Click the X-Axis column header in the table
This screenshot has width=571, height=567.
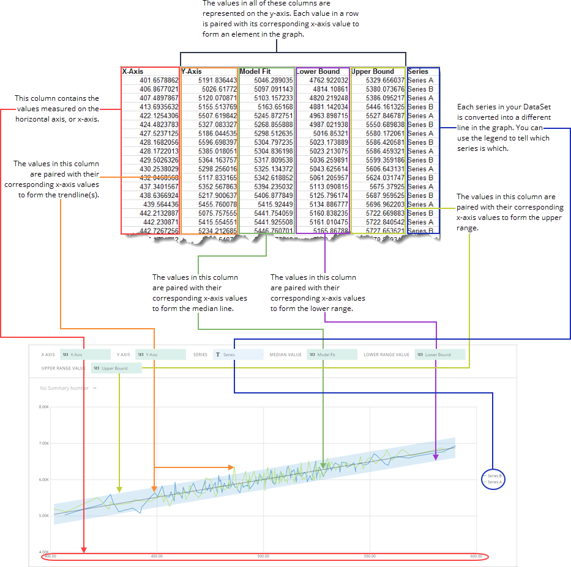tap(133, 71)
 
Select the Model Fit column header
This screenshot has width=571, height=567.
tap(255, 71)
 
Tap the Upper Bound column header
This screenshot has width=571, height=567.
tap(373, 71)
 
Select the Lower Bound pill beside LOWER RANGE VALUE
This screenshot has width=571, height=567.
tap(439, 354)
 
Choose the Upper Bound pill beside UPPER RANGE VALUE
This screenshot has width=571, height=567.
tap(116, 368)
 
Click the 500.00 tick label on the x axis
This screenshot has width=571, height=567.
tap(263, 556)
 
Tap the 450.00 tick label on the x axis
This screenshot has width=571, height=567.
tap(157, 556)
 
